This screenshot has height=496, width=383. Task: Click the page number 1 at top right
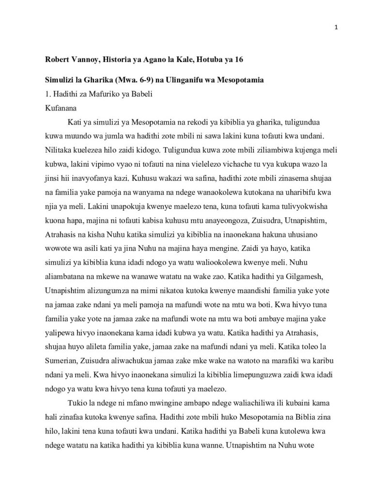pyautogui.click(x=336, y=27)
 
